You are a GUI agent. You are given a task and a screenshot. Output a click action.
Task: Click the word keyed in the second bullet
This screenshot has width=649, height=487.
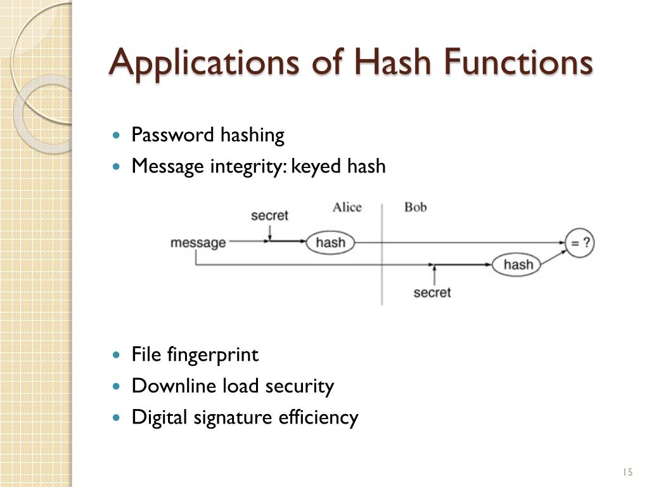click(x=317, y=167)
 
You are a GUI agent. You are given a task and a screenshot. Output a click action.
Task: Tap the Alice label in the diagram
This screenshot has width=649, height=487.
click(x=347, y=207)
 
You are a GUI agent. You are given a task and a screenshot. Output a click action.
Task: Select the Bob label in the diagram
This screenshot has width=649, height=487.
click(x=415, y=207)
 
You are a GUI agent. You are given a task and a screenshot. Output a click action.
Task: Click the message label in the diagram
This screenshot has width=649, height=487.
click(x=198, y=242)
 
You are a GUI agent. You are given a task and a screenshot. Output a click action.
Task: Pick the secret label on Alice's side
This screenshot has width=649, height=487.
click(x=269, y=216)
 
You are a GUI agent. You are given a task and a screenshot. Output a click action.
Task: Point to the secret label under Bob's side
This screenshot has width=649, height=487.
click(x=432, y=292)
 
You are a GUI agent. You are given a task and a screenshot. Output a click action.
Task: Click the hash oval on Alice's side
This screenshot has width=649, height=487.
click(x=330, y=242)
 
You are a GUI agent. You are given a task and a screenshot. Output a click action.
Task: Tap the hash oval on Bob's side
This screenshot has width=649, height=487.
click(x=517, y=264)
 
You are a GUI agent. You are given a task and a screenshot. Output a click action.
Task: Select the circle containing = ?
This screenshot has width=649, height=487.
click(x=579, y=242)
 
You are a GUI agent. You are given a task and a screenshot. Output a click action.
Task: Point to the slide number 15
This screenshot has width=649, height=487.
click(x=627, y=472)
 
